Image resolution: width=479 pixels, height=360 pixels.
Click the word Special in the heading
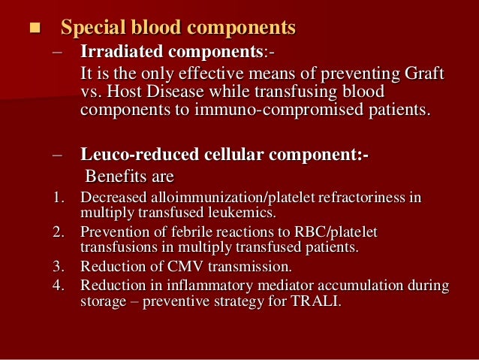(x=92, y=29)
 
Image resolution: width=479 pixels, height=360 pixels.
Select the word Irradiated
(x=119, y=54)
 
